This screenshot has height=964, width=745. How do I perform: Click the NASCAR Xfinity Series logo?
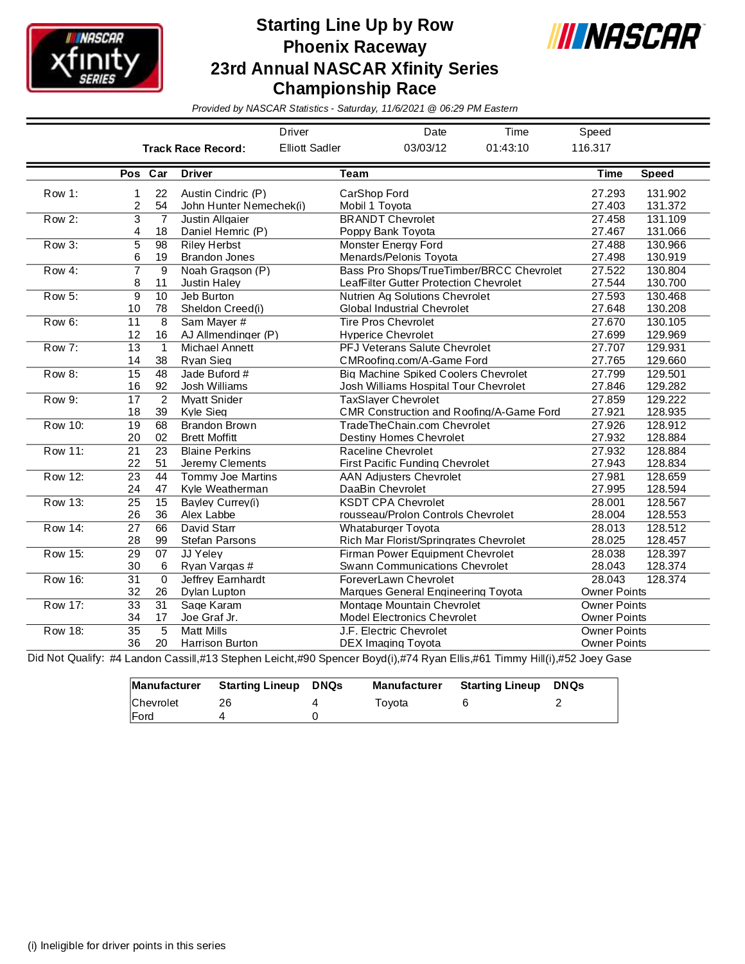94,58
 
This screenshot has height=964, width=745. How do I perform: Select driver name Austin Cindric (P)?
223,193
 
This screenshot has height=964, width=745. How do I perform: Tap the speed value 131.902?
666,193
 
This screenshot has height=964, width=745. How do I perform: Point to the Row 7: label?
61,347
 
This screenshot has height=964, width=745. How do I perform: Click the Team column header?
354,173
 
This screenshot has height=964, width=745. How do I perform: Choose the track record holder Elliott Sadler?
310,148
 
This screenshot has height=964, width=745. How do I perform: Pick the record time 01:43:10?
507,148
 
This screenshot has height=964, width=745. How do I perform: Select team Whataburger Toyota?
389,528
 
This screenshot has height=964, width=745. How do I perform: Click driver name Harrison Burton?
219,643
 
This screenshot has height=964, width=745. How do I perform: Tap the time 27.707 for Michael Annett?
608,347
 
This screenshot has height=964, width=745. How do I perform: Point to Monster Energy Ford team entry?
391,245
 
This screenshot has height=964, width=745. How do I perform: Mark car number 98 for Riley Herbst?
161,245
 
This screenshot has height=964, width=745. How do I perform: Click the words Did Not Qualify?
66,658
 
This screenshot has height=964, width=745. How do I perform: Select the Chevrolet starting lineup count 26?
225,703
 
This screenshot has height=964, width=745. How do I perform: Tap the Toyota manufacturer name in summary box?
392,703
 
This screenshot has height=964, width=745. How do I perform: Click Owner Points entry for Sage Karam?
613,605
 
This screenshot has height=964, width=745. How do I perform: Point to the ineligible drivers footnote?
127,945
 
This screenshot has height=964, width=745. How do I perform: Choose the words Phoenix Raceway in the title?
355,47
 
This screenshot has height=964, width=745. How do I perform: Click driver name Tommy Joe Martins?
229,477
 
